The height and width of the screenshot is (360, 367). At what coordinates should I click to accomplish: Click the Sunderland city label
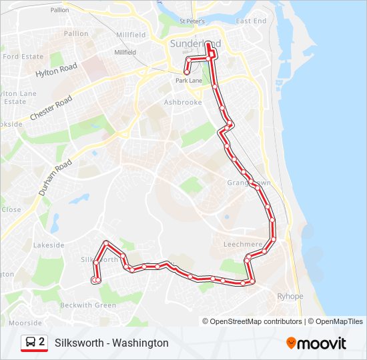click(x=190, y=44)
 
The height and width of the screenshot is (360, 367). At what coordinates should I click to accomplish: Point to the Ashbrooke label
click(x=182, y=103)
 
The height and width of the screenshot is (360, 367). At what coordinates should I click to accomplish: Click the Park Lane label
click(x=188, y=81)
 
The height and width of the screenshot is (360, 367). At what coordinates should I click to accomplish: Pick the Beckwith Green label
click(x=88, y=305)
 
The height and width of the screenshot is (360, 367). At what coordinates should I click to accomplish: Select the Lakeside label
click(x=49, y=245)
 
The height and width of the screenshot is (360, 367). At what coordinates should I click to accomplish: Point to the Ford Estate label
click(x=23, y=57)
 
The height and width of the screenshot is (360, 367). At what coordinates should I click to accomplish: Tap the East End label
click(x=251, y=21)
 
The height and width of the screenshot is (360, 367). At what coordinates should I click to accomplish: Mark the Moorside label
click(x=25, y=323)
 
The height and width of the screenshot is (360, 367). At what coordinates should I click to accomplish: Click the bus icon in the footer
click(x=31, y=343)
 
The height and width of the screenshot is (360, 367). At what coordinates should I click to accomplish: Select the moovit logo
click(x=316, y=343)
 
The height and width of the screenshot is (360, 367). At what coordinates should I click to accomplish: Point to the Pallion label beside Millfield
click(x=76, y=34)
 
